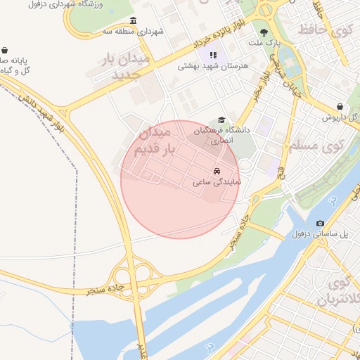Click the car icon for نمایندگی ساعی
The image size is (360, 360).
(217, 170)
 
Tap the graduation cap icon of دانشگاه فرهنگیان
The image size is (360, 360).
(221, 120)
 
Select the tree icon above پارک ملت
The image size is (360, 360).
(264, 32)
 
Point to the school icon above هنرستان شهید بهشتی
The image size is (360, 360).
(213, 55)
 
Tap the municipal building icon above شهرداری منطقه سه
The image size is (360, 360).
(134, 20)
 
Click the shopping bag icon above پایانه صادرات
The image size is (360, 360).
(5, 50)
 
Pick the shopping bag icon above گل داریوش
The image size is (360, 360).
(340, 106)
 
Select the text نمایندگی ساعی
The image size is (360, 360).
(217, 182)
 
